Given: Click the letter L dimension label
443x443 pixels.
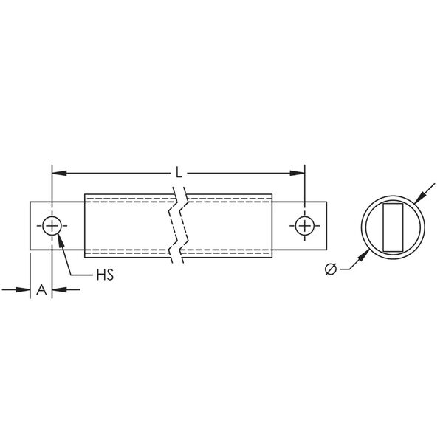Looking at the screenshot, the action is click(x=179, y=172).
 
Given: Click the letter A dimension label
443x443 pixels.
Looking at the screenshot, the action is click(x=41, y=289).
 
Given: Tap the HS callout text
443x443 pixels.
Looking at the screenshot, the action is click(x=105, y=275).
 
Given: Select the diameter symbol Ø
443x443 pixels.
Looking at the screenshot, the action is click(x=331, y=269).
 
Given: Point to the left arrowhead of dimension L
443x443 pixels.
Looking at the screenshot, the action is click(x=59, y=173).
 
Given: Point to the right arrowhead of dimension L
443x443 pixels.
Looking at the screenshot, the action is click(x=298, y=173).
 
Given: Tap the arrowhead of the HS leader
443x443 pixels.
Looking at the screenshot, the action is click(x=61, y=240).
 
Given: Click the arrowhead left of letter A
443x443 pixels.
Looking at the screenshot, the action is click(x=23, y=289).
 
